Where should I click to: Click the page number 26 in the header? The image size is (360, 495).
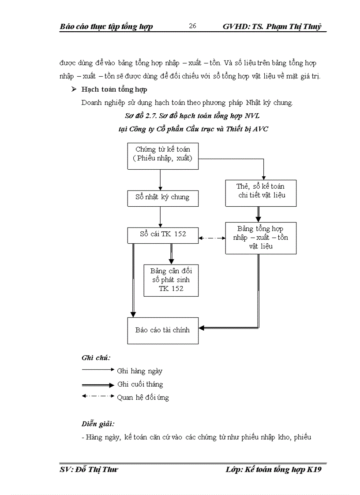(x=192, y=26)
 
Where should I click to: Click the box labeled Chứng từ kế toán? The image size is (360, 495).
(x=163, y=156)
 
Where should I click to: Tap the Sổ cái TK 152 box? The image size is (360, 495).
(x=163, y=234)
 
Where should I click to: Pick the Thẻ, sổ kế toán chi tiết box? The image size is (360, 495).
(x=261, y=193)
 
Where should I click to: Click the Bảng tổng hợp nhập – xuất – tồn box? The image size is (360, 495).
(x=261, y=238)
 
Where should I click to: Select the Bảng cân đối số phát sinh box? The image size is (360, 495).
(x=171, y=279)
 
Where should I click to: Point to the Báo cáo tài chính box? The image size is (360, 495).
(x=163, y=330)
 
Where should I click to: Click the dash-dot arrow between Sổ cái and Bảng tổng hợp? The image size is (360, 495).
(x=212, y=238)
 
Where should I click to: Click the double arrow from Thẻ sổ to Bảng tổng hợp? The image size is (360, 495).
(x=259, y=214)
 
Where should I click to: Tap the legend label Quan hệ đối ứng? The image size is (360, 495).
(x=142, y=398)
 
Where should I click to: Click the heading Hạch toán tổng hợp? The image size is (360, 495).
(x=114, y=89)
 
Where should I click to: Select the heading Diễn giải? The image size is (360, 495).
(x=98, y=424)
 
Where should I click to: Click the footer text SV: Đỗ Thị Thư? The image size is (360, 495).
(x=89, y=470)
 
